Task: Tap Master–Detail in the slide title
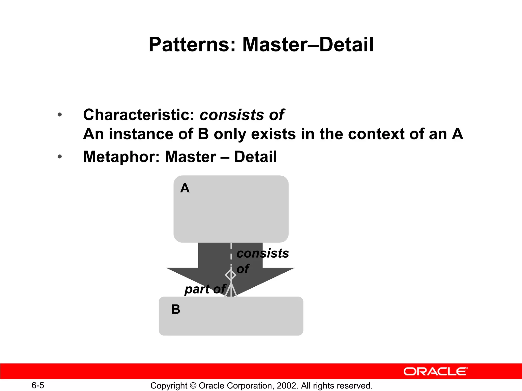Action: [x=308, y=45]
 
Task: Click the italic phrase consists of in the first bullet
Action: [x=242, y=115]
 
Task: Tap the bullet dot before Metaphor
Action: [x=60, y=157]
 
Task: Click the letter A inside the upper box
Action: [x=185, y=188]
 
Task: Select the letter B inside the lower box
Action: [x=176, y=309]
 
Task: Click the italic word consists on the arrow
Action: [x=263, y=253]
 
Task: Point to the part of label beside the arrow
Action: [x=205, y=289]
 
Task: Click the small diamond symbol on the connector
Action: [x=231, y=275]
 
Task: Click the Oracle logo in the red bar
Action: [x=435, y=371]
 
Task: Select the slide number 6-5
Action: [x=38, y=385]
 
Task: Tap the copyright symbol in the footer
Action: [x=193, y=386]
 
